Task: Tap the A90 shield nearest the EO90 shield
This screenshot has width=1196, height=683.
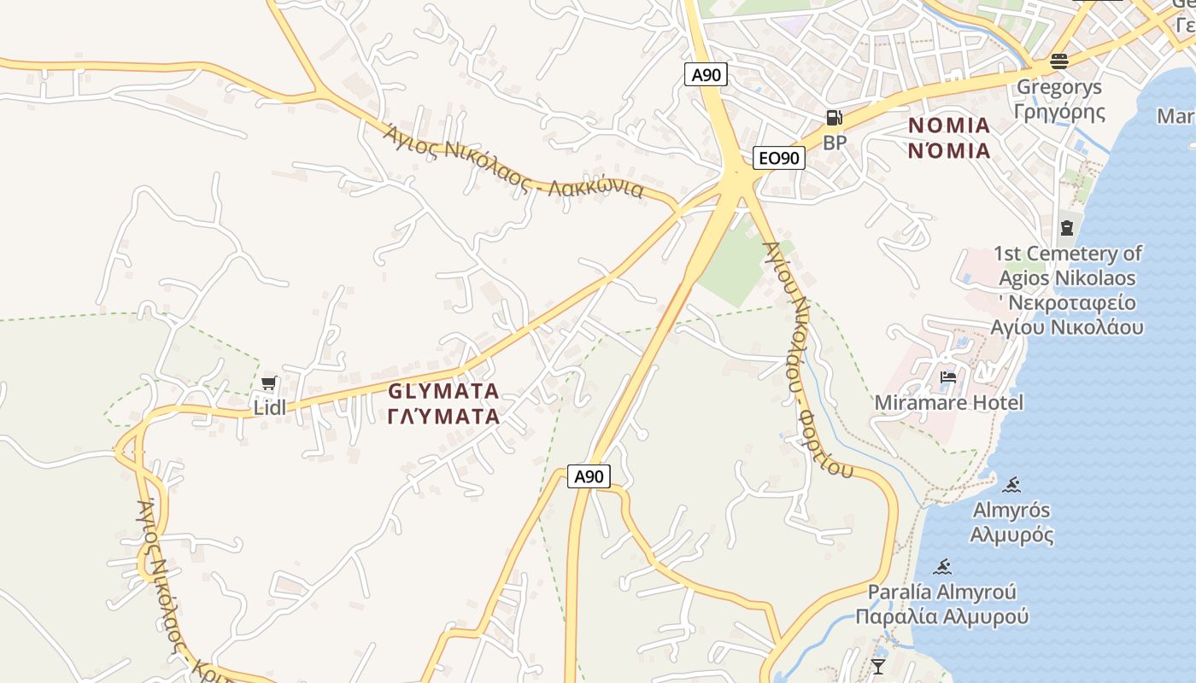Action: click(706, 74)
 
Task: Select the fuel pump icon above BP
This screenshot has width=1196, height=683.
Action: click(834, 118)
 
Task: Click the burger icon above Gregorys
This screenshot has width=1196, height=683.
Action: click(1059, 61)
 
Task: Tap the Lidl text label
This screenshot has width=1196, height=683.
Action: click(270, 408)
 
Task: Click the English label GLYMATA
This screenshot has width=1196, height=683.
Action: click(443, 391)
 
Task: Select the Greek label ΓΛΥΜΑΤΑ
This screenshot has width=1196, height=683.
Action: click(443, 417)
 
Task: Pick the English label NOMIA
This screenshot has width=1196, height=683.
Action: click(949, 126)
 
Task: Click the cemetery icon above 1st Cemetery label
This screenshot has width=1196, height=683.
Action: click(1067, 227)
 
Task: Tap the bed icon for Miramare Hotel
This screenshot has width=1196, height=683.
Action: click(948, 377)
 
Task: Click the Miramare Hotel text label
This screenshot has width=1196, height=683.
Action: click(948, 402)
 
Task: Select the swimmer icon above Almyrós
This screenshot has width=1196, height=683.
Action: click(1012, 485)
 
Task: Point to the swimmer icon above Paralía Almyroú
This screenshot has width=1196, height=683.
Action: click(943, 566)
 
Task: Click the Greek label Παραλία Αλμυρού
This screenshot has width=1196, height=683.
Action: click(942, 616)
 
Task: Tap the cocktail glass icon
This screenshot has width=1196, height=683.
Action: click(877, 665)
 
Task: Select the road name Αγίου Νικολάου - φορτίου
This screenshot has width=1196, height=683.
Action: click(807, 359)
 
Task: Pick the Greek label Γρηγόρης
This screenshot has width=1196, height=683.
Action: click(1059, 112)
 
